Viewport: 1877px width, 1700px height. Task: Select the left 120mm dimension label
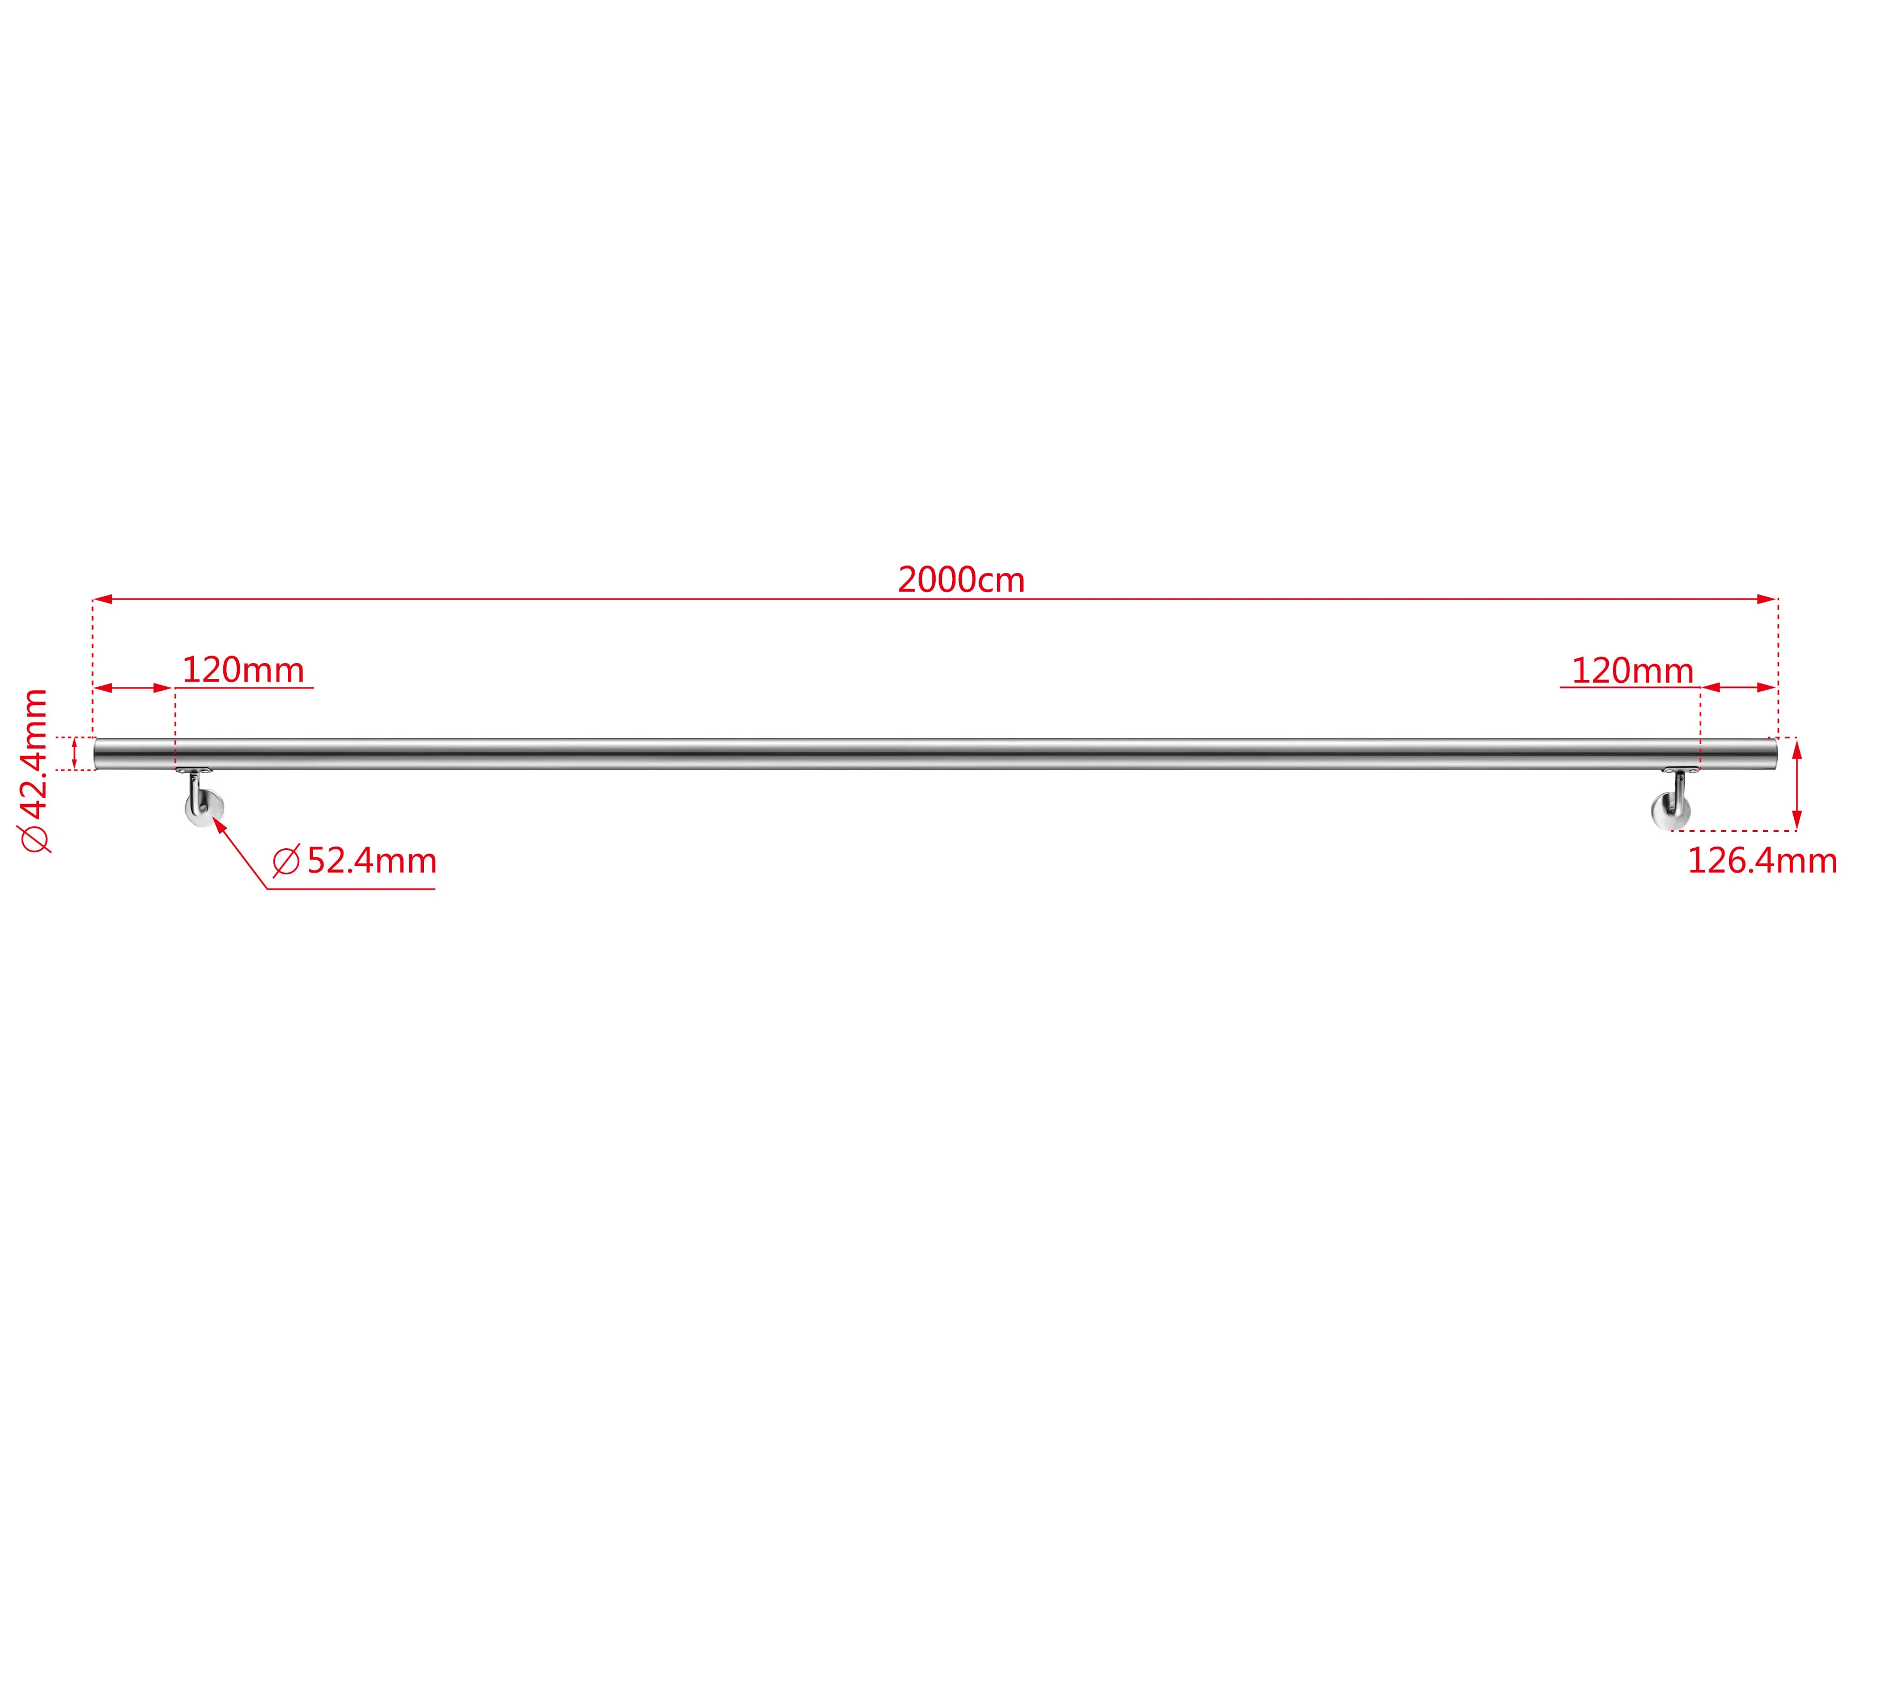pyautogui.click(x=243, y=670)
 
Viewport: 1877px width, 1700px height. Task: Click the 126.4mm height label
pyautogui.click(x=1761, y=861)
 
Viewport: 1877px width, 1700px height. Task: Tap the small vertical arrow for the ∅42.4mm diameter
pyautogui.click(x=74, y=753)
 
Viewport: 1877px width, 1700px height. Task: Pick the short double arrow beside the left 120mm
pyautogui.click(x=133, y=688)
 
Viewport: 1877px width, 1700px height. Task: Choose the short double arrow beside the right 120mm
pyautogui.click(x=1738, y=688)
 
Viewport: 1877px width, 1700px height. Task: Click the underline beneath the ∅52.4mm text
pyautogui.click(x=350, y=889)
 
